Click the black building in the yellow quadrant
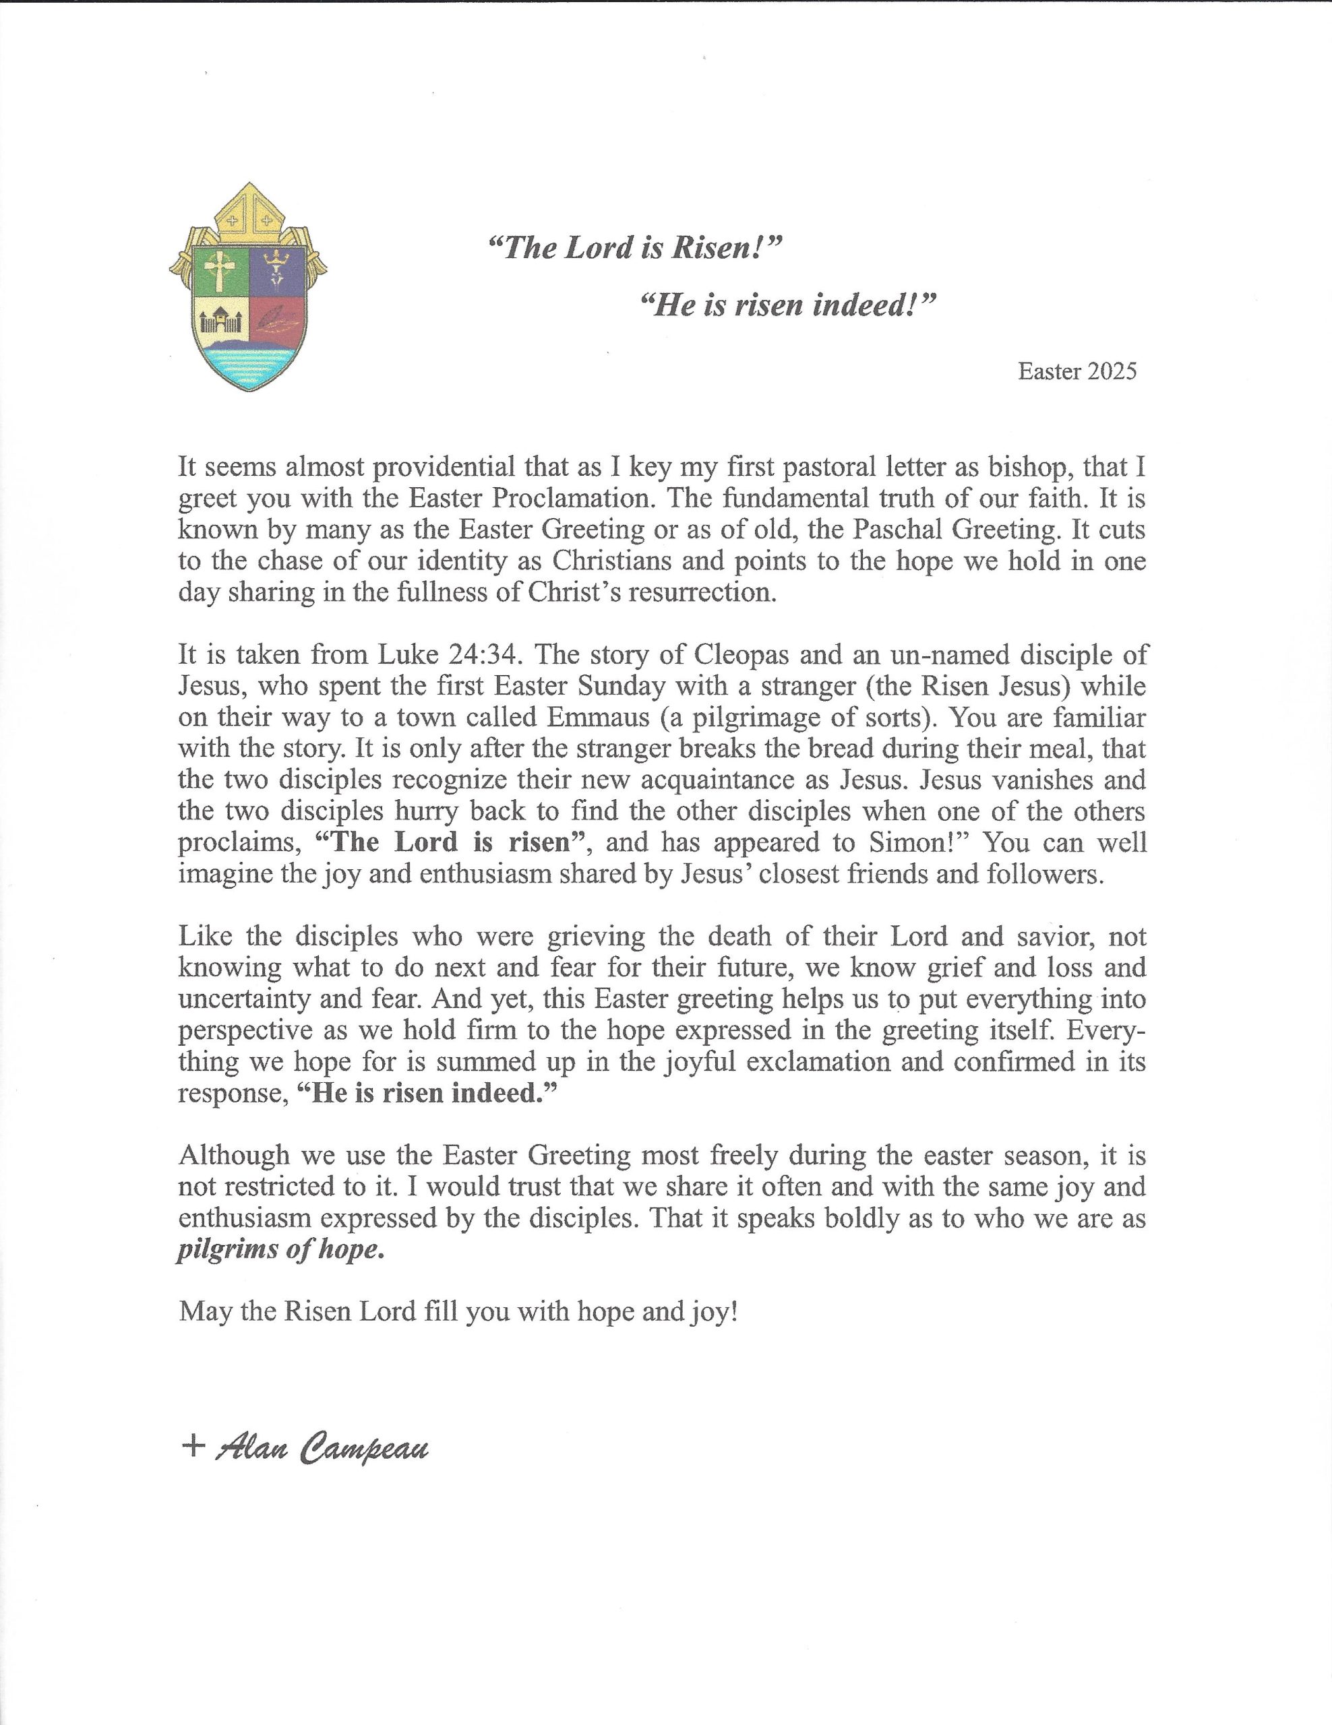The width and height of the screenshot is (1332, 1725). pyautogui.click(x=220, y=321)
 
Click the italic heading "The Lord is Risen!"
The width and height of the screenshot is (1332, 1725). pyautogui.click(x=634, y=249)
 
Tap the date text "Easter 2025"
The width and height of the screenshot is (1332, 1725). pyautogui.click(x=1077, y=371)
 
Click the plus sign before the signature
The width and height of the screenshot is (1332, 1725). pyautogui.click(x=193, y=1446)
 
